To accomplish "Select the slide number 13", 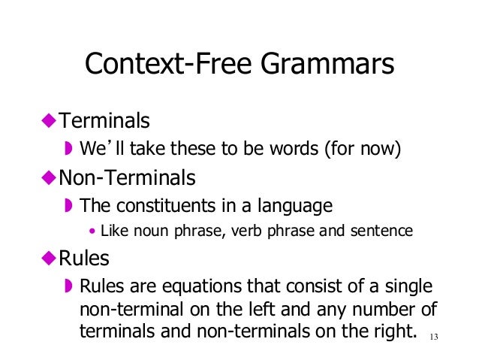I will [x=432, y=336].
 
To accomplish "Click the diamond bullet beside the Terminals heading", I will [x=49, y=120].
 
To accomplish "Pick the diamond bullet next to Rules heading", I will [x=49, y=259].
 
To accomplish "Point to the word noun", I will [x=143, y=231].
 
